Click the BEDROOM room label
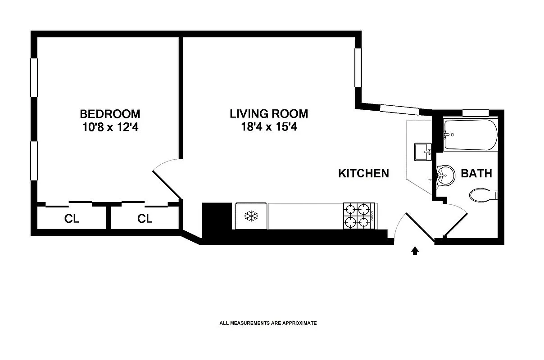click(110, 113)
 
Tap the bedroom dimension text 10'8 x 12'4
click(110, 127)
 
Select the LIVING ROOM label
click(269, 113)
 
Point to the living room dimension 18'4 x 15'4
click(269, 127)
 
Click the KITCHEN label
click(363, 173)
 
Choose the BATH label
click(476, 173)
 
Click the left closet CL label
click(72, 219)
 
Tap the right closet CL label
click(145, 219)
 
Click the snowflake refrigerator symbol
click(250, 216)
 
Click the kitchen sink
click(422, 152)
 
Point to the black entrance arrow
click(415, 251)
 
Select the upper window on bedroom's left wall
click(33, 77)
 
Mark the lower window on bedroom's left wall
click(33, 161)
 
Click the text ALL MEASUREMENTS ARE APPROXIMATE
click(268, 323)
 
